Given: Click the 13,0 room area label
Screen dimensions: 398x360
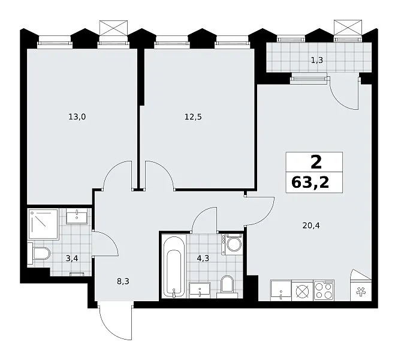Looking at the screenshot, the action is [77, 117].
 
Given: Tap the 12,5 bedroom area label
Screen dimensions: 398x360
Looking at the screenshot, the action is [193, 117].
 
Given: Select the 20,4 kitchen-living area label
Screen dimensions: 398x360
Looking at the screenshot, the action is [311, 226].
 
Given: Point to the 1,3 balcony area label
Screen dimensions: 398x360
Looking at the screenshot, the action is [317, 60].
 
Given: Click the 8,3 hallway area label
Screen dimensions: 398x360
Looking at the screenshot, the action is [123, 281].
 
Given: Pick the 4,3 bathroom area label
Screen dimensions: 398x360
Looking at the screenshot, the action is [203, 259].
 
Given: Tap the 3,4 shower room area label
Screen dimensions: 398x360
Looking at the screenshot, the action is [72, 259].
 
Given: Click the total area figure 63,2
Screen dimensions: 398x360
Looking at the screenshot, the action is [310, 182].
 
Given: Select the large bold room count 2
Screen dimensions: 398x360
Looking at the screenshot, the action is [316, 162].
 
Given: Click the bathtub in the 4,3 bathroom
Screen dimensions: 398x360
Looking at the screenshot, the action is [174, 266].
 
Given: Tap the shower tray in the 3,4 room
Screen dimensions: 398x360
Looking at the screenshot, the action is [43, 224].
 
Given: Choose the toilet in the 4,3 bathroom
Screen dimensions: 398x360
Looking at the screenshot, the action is [227, 287].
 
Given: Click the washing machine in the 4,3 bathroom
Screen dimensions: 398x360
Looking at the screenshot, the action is [233, 244].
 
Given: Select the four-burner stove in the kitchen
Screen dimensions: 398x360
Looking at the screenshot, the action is [324, 290].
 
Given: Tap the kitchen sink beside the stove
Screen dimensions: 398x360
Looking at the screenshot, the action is [281, 290].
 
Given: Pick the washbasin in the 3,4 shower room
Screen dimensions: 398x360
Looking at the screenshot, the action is [77, 216].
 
